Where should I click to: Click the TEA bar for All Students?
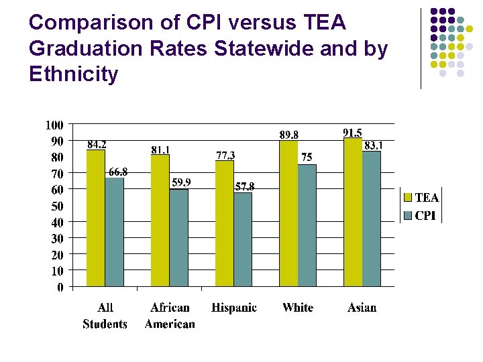click(96, 219)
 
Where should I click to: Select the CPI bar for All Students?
click(114, 233)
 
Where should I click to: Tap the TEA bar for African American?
click(160, 221)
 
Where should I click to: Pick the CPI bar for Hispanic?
click(243, 240)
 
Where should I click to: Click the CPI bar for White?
click(307, 226)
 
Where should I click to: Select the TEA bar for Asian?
click(353, 213)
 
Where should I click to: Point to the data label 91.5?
click(352, 133)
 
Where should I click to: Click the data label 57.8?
click(244, 186)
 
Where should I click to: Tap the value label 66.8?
click(117, 172)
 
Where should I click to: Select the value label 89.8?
click(289, 135)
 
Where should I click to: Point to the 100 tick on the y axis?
click(54, 125)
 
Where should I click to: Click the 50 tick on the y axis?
click(57, 206)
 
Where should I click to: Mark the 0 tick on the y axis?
click(60, 288)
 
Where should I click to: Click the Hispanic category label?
click(234, 308)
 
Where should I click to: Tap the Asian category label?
click(362, 308)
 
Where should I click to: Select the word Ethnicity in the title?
click(74, 74)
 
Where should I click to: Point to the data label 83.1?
click(373, 145)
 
